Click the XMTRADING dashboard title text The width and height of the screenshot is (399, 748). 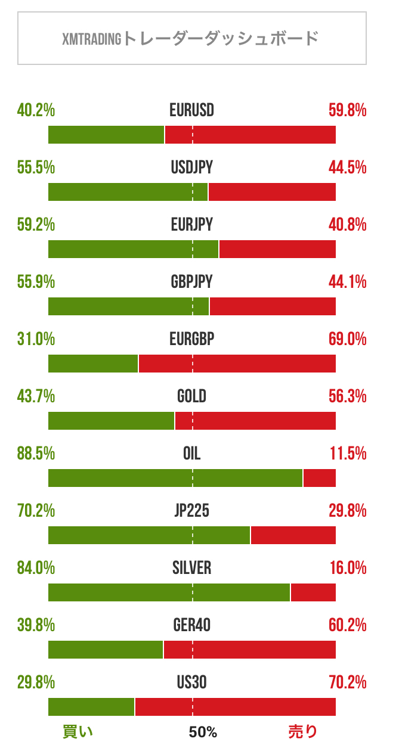click(x=191, y=39)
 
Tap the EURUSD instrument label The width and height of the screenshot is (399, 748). click(x=191, y=111)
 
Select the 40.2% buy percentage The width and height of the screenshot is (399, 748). click(x=36, y=111)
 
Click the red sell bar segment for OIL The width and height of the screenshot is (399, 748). click(x=320, y=478)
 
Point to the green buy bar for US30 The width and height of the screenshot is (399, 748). click(x=91, y=707)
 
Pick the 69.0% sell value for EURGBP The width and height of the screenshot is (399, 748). click(x=347, y=340)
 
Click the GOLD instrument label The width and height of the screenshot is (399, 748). click(x=191, y=397)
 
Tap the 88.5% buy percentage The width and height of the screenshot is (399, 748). click(x=36, y=454)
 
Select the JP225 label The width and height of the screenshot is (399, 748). click(x=191, y=511)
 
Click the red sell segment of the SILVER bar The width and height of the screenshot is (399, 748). click(x=313, y=592)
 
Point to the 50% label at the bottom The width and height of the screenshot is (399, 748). click(x=203, y=732)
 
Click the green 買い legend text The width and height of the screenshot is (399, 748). click(x=78, y=732)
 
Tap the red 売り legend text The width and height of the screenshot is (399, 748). click(x=303, y=732)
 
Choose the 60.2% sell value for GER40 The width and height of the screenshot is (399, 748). click(x=347, y=626)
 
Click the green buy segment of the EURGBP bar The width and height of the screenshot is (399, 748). click(x=93, y=364)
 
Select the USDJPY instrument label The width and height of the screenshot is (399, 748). click(x=191, y=168)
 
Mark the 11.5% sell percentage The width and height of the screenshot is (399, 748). click(x=348, y=454)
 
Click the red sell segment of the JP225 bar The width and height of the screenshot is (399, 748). click(x=293, y=535)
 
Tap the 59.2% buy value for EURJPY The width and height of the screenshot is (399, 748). click(x=36, y=225)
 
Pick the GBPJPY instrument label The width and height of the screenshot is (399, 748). click(x=191, y=283)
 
